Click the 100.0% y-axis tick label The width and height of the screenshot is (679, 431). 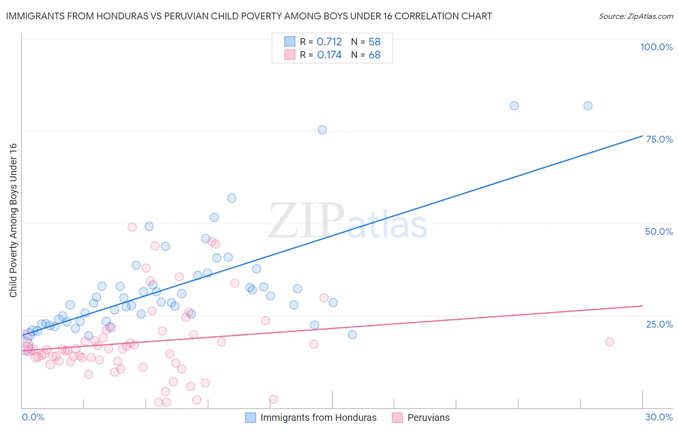656,47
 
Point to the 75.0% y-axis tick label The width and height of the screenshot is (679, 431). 659,139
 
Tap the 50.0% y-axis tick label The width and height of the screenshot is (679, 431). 659,231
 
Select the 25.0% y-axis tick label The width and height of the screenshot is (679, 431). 659,324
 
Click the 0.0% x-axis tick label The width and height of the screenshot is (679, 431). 33,417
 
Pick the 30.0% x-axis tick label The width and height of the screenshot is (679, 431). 659,417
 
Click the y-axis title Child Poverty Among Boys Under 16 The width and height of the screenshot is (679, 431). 13,220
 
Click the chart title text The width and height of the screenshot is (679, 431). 249,16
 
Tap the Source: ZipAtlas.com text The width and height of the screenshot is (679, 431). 636,16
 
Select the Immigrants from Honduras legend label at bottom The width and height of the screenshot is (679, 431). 318,417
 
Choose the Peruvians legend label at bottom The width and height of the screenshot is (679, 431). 428,417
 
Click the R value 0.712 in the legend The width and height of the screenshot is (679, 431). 329,42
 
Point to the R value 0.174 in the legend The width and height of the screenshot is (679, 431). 329,55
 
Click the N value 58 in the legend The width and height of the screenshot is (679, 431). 374,42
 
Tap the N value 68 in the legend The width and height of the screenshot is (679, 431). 374,55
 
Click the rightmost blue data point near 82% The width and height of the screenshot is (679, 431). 588,106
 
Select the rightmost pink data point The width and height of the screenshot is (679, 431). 609,342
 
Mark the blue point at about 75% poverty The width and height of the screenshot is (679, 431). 322,130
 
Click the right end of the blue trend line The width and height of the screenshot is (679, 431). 642,136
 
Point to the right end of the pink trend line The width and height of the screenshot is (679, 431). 642,306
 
